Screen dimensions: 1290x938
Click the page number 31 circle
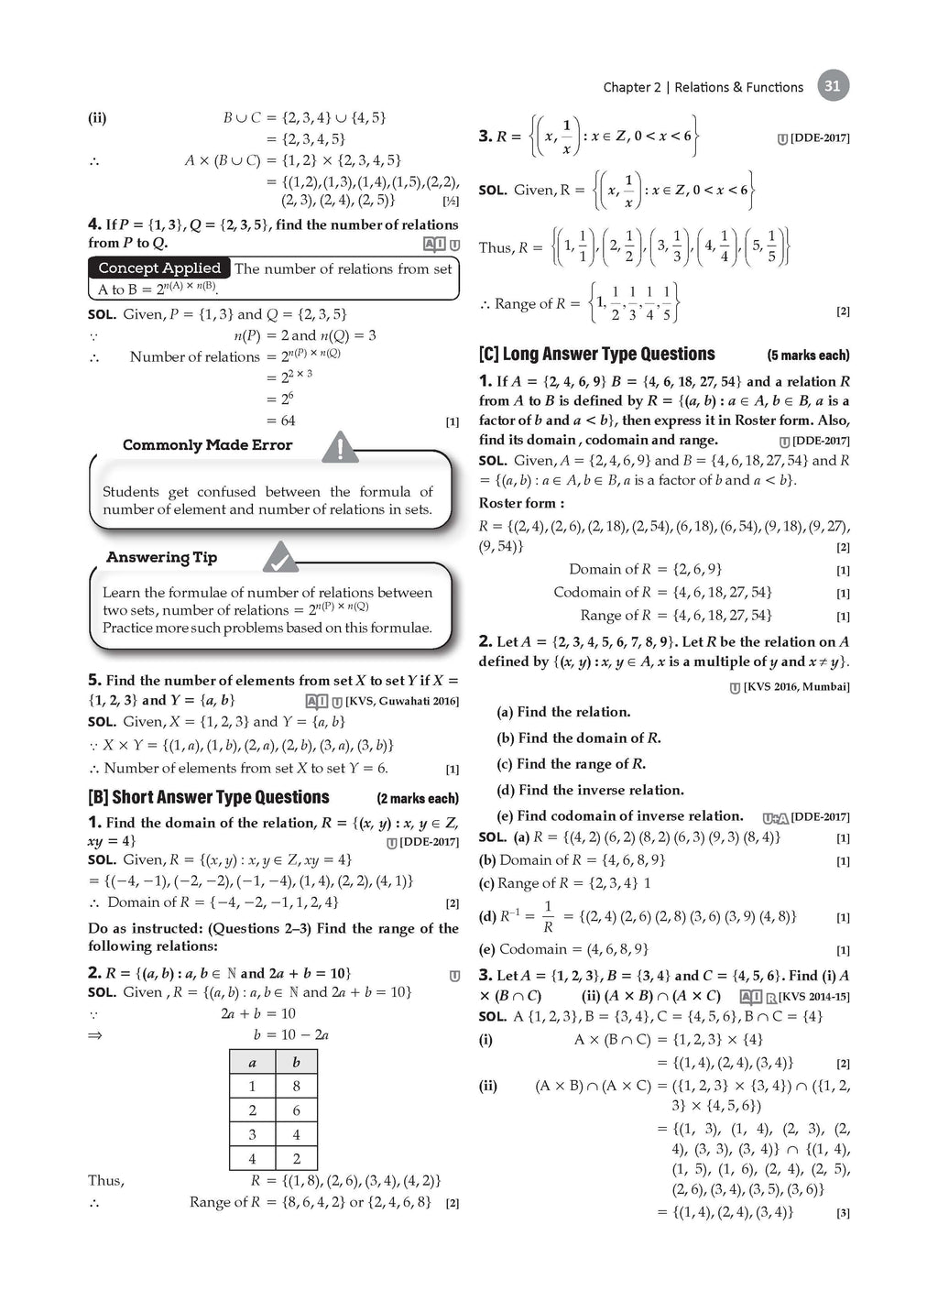(832, 86)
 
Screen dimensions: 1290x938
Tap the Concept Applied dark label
(159, 268)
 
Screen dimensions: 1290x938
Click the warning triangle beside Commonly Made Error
(340, 447)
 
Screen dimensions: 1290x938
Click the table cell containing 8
(296, 1086)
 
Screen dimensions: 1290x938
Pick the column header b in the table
(296, 1062)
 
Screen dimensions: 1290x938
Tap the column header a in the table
(252, 1062)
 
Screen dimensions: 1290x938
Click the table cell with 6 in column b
(296, 1110)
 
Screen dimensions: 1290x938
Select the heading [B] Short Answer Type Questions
(208, 797)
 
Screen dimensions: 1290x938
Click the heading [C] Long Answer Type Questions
(596, 354)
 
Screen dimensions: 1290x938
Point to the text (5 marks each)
(808, 355)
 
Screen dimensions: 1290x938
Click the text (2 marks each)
(417, 798)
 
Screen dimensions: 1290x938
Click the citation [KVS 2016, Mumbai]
(795, 686)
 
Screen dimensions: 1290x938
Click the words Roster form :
(521, 503)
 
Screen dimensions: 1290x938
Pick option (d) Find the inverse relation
(590, 790)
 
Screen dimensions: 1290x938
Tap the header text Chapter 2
(631, 87)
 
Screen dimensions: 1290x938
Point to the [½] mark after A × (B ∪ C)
(451, 201)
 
